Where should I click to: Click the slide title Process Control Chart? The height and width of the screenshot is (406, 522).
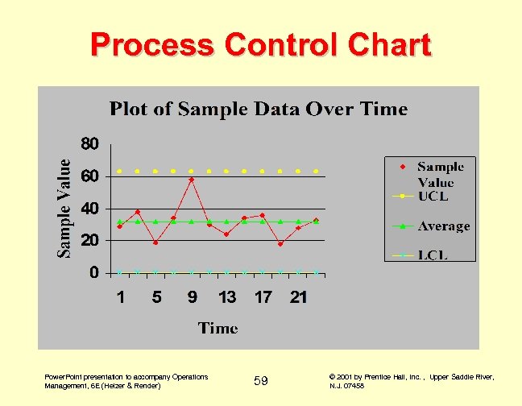[260, 44]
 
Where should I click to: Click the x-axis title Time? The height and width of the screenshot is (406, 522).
[218, 327]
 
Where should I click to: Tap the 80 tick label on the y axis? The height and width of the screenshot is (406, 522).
[90, 145]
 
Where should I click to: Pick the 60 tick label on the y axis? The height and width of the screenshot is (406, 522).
[90, 176]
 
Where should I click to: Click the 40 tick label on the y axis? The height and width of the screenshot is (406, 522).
[90, 209]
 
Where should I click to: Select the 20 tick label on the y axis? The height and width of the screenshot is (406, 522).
[90, 240]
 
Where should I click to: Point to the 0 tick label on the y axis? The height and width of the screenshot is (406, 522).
[95, 272]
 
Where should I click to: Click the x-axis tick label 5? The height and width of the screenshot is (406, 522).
[156, 297]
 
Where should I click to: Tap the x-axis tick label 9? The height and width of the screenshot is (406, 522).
[192, 297]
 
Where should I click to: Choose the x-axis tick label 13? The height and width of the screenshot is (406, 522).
[227, 297]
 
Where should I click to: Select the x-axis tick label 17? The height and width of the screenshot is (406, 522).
[263, 297]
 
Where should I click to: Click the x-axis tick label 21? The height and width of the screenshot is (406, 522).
[298, 297]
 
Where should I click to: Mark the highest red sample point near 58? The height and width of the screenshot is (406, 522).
[191, 180]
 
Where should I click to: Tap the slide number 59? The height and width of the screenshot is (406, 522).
[261, 380]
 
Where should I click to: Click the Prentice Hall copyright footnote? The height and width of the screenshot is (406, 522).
[412, 381]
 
